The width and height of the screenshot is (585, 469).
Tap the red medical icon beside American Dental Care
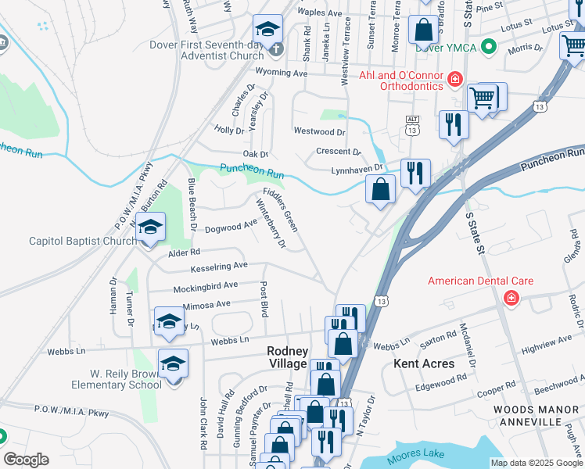point(511,298)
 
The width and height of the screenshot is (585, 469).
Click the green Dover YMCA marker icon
point(490,48)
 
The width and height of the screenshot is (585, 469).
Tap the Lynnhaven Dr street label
point(357,168)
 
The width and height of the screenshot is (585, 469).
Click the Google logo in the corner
point(26,460)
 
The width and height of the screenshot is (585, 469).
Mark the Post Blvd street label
point(264,299)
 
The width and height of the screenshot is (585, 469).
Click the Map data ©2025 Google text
point(536,463)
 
